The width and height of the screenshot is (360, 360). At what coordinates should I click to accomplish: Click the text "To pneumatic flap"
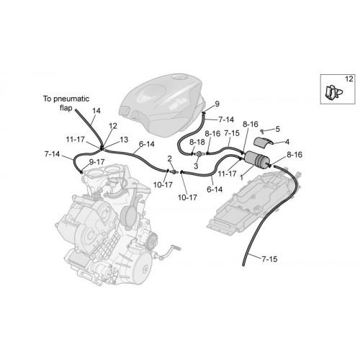(x=66, y=103)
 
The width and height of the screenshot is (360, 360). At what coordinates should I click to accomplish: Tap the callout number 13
(x=124, y=140)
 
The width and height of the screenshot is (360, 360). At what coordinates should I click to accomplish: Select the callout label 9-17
(x=96, y=162)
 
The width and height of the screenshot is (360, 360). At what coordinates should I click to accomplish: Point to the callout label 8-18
(x=197, y=142)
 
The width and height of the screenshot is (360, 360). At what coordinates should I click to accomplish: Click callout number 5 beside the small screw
(x=278, y=129)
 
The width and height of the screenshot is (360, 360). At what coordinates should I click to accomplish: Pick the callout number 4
(x=287, y=142)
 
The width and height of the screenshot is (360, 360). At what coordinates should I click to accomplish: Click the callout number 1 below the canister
(x=242, y=178)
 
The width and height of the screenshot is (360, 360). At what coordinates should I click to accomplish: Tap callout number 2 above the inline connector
(x=170, y=158)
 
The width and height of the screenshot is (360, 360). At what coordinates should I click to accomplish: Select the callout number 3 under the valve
(x=196, y=166)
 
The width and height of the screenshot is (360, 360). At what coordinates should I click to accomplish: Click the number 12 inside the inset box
(x=349, y=78)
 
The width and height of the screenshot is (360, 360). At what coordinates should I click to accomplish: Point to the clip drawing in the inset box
(x=334, y=92)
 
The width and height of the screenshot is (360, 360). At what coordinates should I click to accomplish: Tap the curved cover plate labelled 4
(x=264, y=142)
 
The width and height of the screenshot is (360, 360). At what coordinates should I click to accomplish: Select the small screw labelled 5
(x=262, y=131)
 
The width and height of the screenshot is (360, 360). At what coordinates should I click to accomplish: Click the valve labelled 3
(x=199, y=153)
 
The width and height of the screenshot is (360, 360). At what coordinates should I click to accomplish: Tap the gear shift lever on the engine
(x=168, y=253)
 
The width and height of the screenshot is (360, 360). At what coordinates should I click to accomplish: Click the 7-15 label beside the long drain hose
(x=269, y=259)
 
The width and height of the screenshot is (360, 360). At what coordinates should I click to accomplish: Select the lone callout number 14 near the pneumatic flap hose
(x=96, y=111)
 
